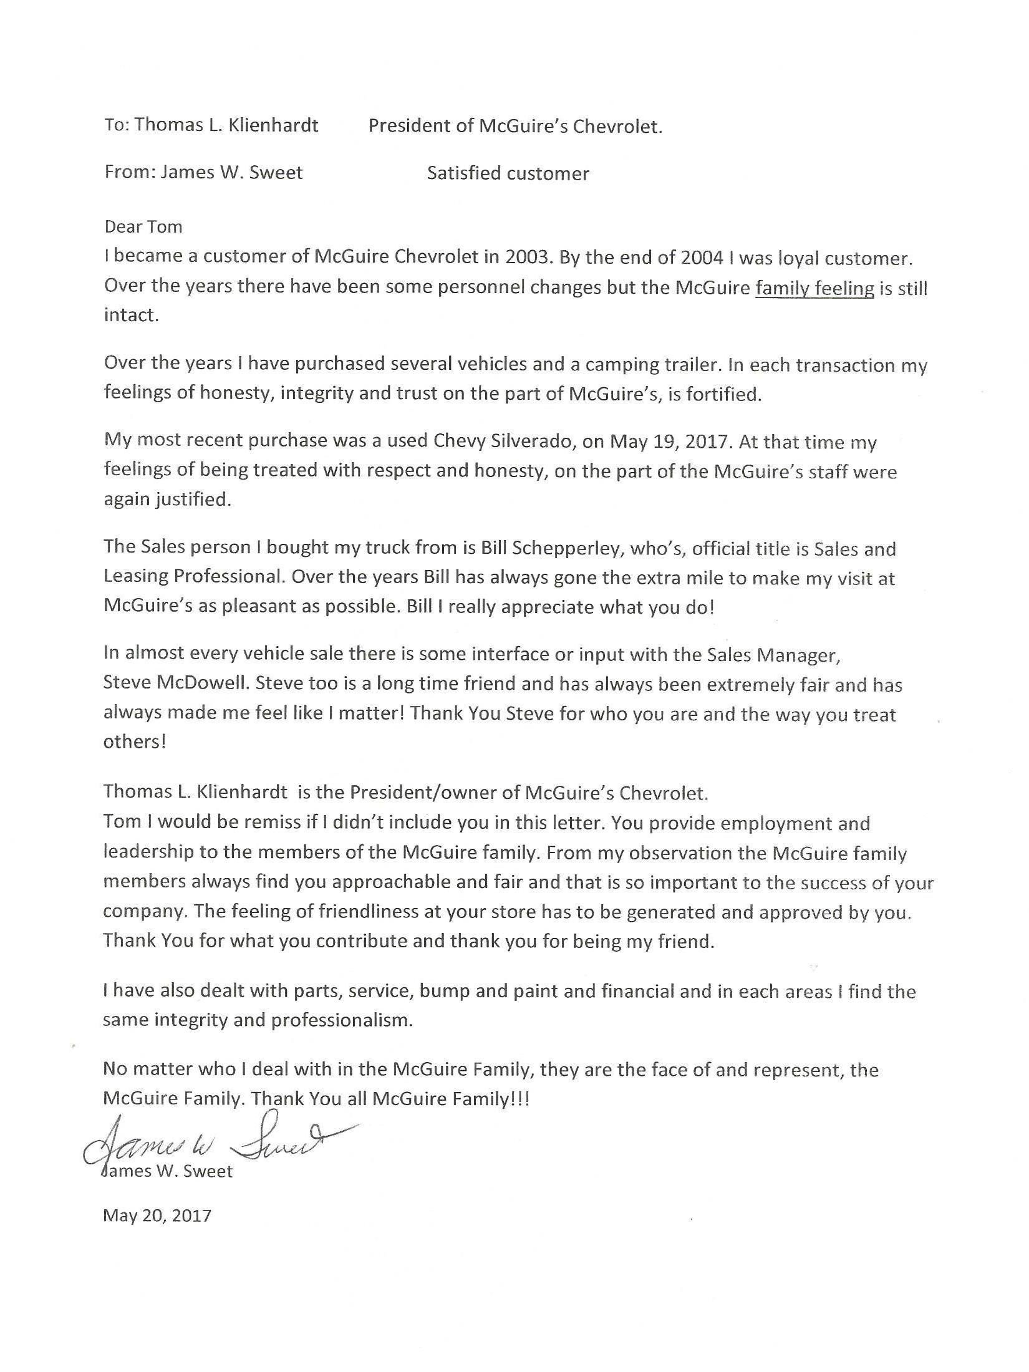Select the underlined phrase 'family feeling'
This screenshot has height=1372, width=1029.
coord(814,288)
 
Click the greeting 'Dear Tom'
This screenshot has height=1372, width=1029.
coord(143,226)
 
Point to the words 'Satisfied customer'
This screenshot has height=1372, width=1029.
coord(508,173)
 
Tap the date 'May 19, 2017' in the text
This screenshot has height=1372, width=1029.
coord(669,442)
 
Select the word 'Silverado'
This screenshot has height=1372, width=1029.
coord(533,442)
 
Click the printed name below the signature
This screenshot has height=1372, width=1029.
coord(167,1171)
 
